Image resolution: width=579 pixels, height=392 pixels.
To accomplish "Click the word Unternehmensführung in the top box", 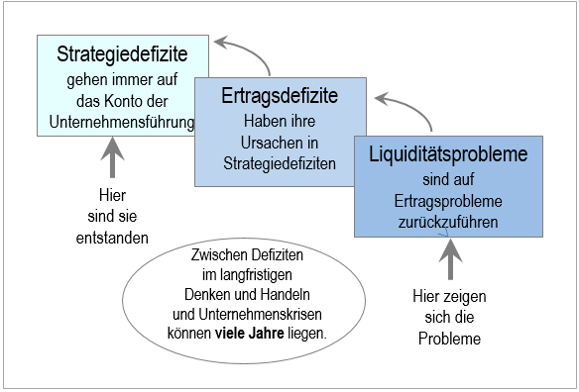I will tap(120, 122).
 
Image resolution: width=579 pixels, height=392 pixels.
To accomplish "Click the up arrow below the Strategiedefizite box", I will tap(113, 156).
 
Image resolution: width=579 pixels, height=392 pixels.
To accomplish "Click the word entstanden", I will tap(113, 238).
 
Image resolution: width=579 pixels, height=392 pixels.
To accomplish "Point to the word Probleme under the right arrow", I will tap(449, 339).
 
